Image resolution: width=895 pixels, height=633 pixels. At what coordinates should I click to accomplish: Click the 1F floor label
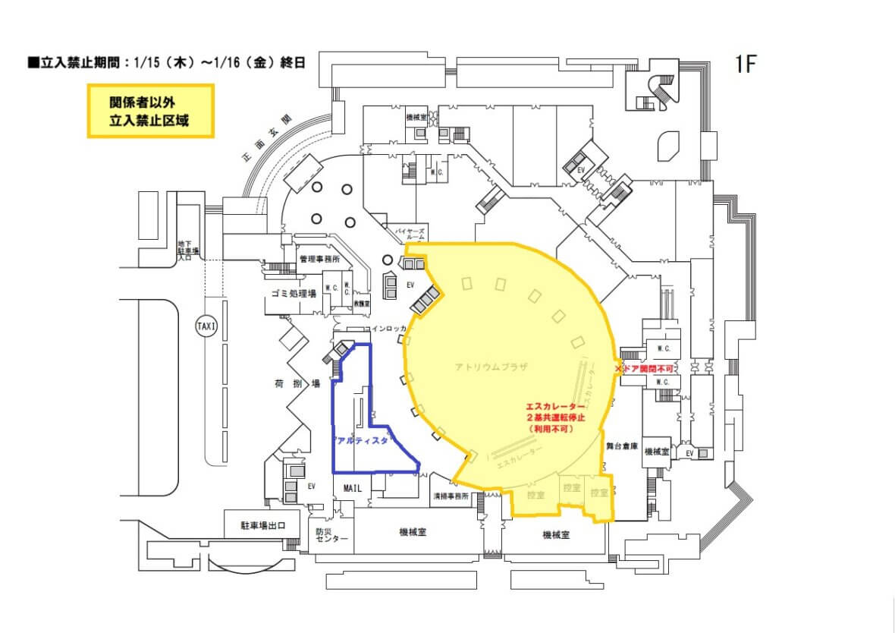pos(746,65)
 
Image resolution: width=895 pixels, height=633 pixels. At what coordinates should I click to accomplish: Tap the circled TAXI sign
pos(206,326)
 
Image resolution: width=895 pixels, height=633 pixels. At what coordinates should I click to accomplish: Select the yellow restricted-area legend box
pos(150,111)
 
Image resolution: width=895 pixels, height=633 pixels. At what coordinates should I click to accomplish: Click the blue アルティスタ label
pos(361,440)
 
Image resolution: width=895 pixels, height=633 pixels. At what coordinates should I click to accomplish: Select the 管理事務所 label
pos(324,260)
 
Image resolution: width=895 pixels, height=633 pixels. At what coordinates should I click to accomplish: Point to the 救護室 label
pos(361,302)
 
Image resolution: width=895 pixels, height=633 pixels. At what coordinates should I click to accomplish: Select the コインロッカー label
pos(388,329)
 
